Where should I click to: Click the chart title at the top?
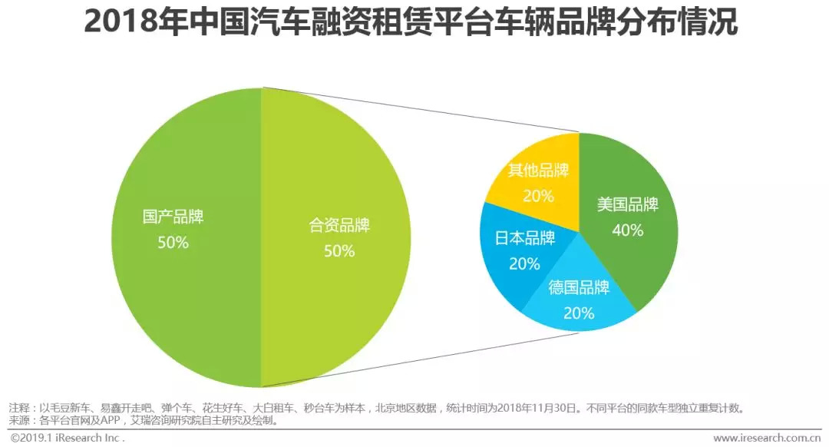411,23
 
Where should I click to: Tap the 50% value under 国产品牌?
173,243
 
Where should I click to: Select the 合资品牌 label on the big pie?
339,226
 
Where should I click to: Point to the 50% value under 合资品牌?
339,251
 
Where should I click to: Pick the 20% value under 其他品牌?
538,196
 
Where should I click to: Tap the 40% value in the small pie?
628,230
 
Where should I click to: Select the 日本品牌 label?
524,238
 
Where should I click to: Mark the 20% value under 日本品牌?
524,263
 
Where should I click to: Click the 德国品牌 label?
579,288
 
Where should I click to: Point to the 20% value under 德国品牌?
579,313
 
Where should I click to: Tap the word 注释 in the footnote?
18,408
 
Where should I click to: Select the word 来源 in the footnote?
18,420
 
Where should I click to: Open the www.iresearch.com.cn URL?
767,438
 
